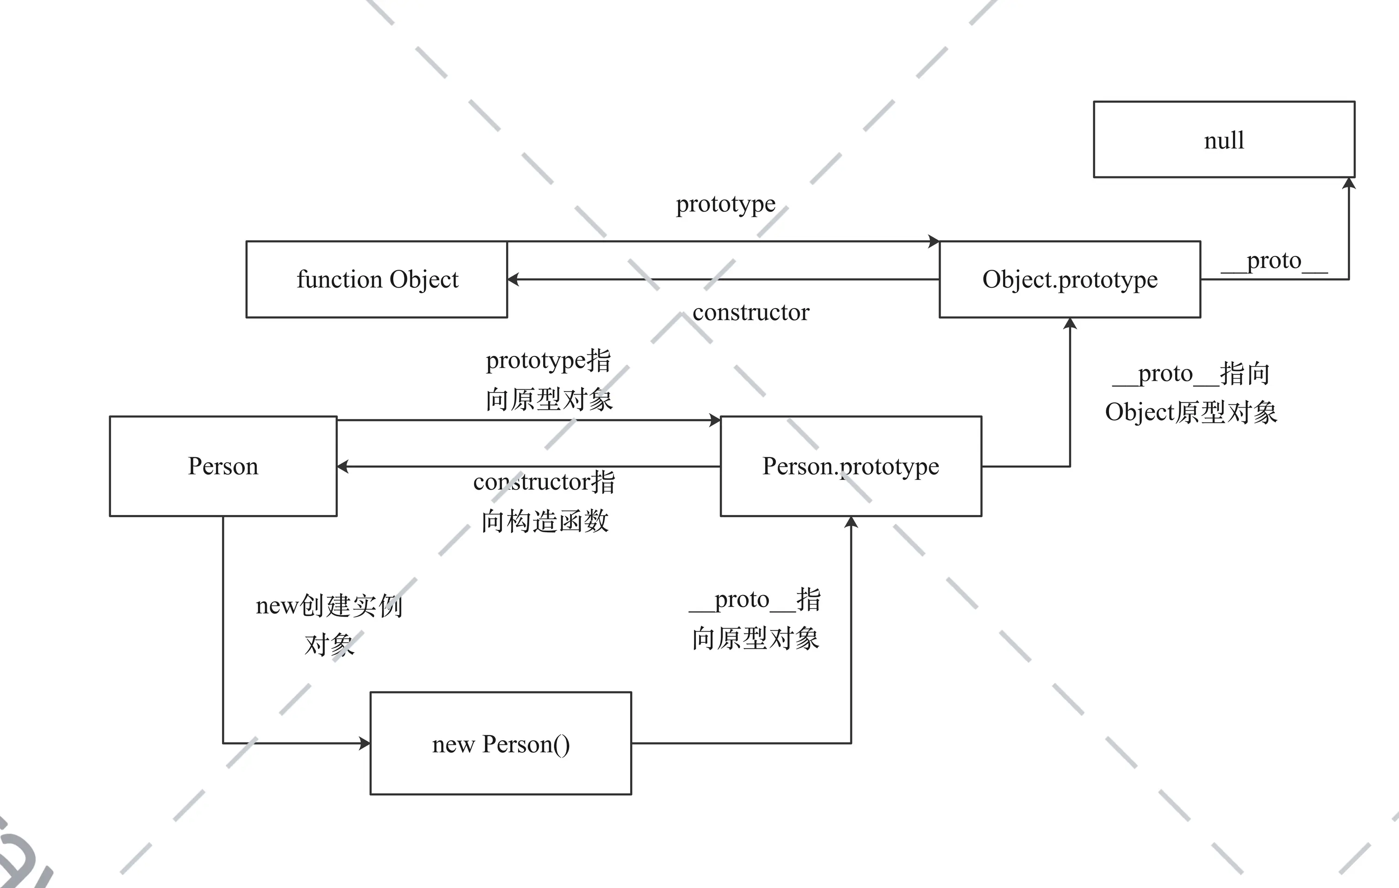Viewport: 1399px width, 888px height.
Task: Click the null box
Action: tap(1224, 139)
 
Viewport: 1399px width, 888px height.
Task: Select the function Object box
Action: tap(377, 279)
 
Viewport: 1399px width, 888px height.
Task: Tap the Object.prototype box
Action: tap(1070, 279)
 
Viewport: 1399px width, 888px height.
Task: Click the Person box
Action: tap(223, 466)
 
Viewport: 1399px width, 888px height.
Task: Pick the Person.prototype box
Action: tap(851, 466)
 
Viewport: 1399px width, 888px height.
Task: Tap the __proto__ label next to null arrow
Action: tap(1274, 261)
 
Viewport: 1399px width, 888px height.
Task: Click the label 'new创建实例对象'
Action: tap(329, 625)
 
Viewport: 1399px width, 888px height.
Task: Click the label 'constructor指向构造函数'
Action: tap(545, 501)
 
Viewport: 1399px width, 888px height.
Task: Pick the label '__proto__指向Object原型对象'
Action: tap(1191, 392)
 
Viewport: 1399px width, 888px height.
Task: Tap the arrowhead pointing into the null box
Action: tap(1349, 184)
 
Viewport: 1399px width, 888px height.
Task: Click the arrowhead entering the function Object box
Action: tap(513, 279)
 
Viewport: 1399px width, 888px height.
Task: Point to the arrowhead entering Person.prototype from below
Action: tap(851, 522)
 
